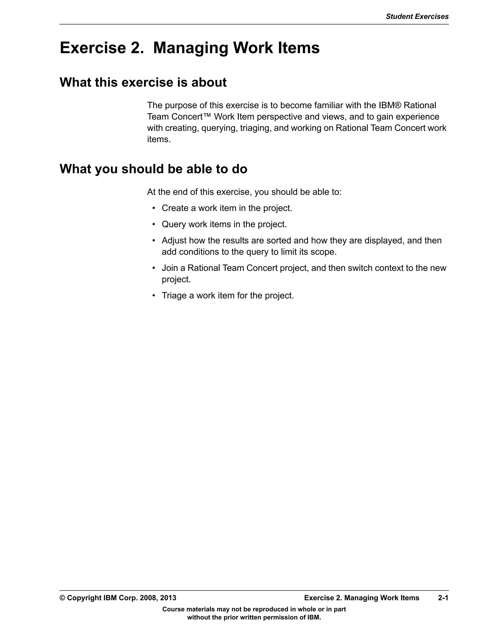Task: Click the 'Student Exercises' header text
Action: click(x=417, y=16)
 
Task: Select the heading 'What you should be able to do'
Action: click(x=154, y=169)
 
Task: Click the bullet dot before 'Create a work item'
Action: click(x=154, y=208)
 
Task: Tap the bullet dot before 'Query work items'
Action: click(x=154, y=224)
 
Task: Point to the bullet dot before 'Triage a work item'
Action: click(x=154, y=296)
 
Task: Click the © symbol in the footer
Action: click(x=62, y=598)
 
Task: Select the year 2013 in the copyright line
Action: click(x=168, y=598)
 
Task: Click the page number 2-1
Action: click(x=443, y=598)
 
